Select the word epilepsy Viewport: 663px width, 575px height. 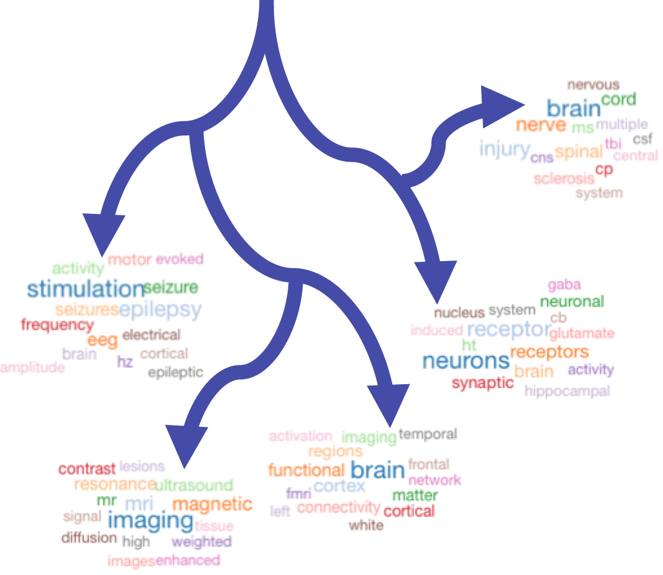(x=161, y=309)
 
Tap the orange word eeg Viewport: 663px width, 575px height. (x=103, y=340)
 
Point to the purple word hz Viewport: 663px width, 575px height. (x=125, y=362)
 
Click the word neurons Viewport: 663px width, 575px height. (x=466, y=360)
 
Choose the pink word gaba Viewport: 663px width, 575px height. (x=564, y=284)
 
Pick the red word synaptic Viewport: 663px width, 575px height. (x=483, y=383)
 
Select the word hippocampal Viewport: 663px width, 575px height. (x=567, y=391)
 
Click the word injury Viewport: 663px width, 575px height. (x=504, y=149)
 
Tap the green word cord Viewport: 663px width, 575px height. (x=618, y=100)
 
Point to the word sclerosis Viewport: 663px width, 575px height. (x=564, y=178)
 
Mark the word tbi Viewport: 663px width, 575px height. (x=611, y=143)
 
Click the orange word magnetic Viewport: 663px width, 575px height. (x=212, y=504)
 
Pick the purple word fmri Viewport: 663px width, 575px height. (x=299, y=494)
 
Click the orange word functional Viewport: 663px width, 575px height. (x=306, y=470)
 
